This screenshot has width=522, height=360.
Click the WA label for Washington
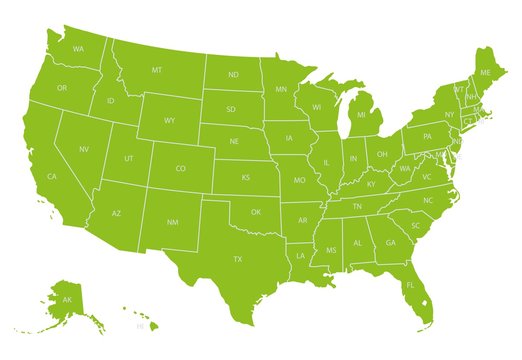(x=78, y=49)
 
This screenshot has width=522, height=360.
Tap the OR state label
(x=62, y=88)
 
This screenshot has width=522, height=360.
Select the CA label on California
(x=52, y=177)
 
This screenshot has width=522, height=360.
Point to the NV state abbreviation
(x=84, y=149)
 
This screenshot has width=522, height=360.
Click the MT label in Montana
(x=157, y=70)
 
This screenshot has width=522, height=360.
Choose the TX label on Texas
(x=238, y=259)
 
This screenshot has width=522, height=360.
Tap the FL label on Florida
(x=410, y=286)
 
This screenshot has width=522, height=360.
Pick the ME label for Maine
(x=486, y=73)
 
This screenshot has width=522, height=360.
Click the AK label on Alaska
(x=67, y=300)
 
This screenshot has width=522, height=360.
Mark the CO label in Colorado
(x=181, y=169)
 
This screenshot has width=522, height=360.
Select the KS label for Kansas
(x=246, y=177)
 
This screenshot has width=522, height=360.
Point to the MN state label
(x=281, y=89)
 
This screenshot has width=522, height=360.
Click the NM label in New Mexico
(x=172, y=222)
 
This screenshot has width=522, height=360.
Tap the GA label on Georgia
(x=391, y=243)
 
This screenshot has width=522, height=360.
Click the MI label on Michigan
(x=361, y=116)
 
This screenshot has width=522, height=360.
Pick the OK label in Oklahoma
(x=256, y=212)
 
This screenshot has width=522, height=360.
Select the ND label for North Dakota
(x=233, y=75)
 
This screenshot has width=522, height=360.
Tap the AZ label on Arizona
(x=116, y=214)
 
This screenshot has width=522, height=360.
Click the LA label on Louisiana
(x=299, y=256)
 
